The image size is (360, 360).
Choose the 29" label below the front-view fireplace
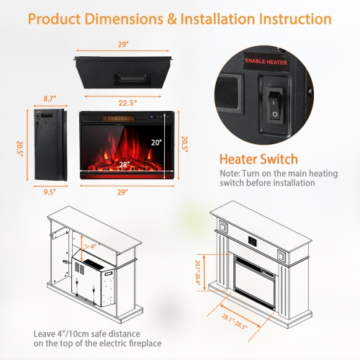tap(123, 191)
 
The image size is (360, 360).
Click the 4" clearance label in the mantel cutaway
tap(94, 247)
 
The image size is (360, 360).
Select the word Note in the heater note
tap(230, 174)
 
